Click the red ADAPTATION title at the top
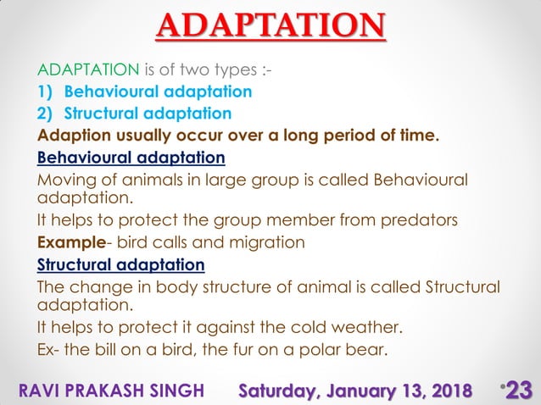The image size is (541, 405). coord(270,25)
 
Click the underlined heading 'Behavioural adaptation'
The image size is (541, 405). coord(131,157)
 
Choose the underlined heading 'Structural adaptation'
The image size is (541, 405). coord(120,264)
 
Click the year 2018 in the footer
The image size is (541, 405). coord(447,390)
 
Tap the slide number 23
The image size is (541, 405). coord(518,389)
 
